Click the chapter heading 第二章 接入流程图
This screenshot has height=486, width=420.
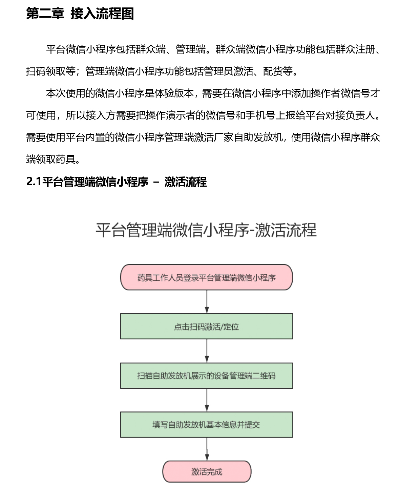80,14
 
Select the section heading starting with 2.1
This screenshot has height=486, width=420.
117,182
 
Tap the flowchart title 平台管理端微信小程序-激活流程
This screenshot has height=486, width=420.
206,230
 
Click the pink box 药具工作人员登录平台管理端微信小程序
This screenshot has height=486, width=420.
207,277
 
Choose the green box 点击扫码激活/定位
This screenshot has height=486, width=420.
207,326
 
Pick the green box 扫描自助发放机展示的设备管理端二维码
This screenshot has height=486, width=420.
207,376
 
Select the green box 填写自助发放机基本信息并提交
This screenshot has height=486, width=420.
207,425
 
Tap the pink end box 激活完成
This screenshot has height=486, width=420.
207,471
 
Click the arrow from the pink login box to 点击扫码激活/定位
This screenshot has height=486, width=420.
207,302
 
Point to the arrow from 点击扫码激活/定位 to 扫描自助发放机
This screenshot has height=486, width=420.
207,351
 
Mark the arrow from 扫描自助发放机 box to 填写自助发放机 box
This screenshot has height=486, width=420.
207,400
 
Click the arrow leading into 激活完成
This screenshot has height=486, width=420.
207,449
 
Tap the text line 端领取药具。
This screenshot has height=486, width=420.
53,160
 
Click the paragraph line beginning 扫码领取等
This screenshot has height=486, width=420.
162,71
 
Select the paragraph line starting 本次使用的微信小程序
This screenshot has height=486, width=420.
213,93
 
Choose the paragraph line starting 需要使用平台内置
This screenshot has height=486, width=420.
203,138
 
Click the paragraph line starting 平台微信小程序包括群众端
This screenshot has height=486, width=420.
213,49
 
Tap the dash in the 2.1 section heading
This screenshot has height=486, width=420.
156,182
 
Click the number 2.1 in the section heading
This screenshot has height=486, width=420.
34,182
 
